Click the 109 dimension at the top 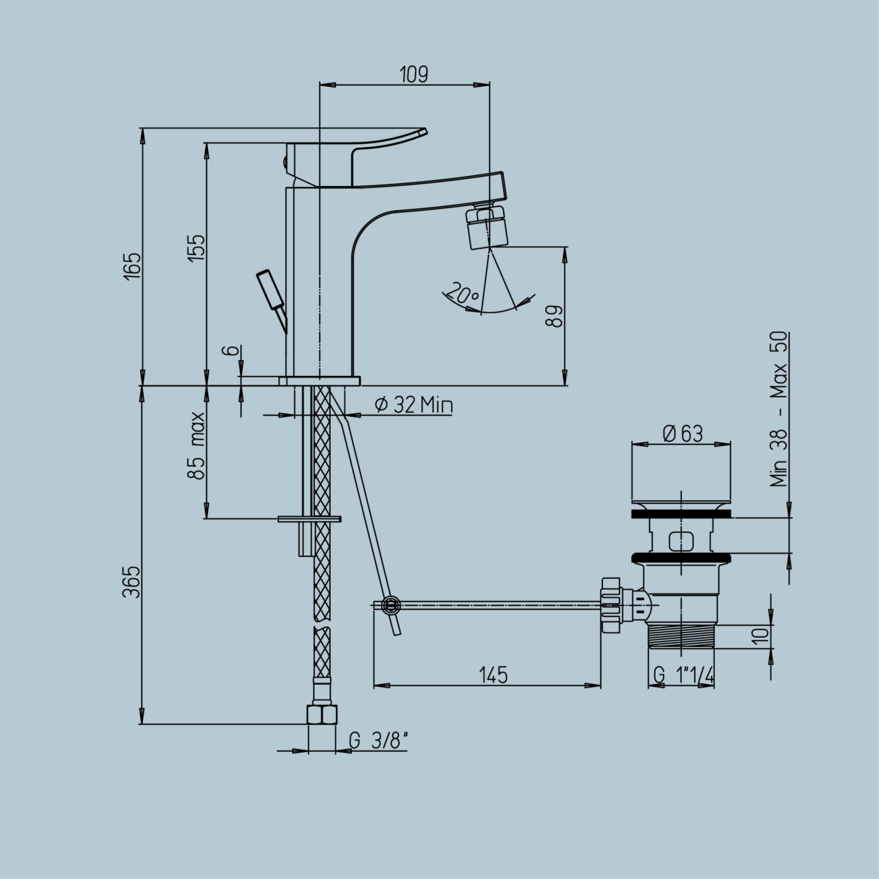414,74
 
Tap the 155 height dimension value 197,247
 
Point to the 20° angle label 463,293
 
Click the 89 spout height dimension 555,316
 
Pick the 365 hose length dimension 133,582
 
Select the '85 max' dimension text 197,445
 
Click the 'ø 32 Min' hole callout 413,404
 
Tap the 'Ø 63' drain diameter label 683,434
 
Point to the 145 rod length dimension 494,675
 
